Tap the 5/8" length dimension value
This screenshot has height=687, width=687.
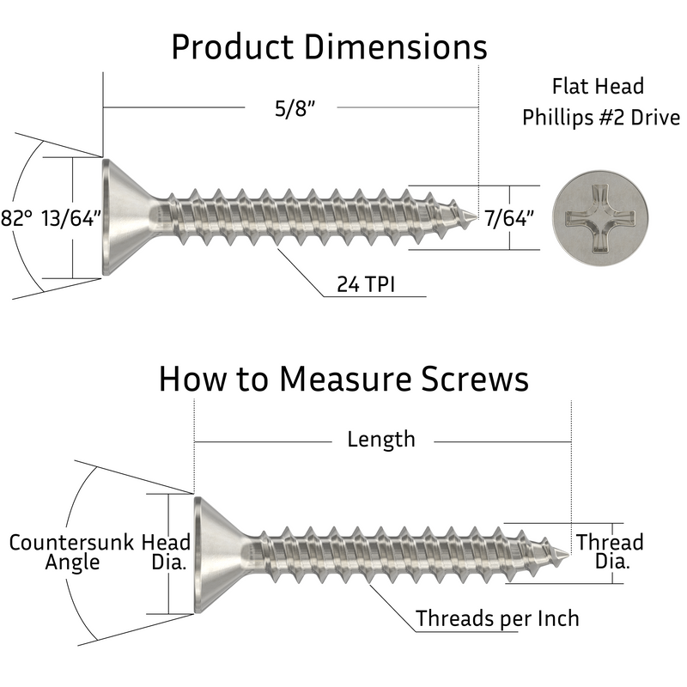click(x=288, y=109)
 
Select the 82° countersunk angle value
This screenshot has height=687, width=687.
click(x=17, y=218)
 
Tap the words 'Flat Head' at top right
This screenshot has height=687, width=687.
click(x=598, y=87)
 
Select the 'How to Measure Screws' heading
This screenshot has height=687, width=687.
click(x=343, y=379)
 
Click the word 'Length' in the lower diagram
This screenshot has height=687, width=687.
click(x=380, y=440)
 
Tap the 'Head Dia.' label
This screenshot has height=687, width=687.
click(x=167, y=552)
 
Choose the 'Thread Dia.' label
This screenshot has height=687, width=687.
click(x=609, y=552)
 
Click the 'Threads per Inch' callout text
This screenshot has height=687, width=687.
click(x=497, y=618)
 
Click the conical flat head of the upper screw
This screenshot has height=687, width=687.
click(x=125, y=217)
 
